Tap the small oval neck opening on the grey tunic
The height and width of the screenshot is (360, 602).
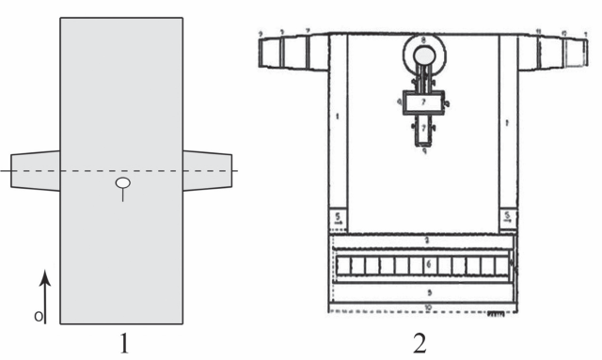point(122,183)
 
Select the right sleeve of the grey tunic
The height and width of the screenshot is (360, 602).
point(208,170)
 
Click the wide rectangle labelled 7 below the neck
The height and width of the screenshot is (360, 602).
point(423,102)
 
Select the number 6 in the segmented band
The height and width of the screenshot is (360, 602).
point(429,266)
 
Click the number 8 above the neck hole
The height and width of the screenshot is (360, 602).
point(424,39)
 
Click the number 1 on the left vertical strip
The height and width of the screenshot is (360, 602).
point(336,117)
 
